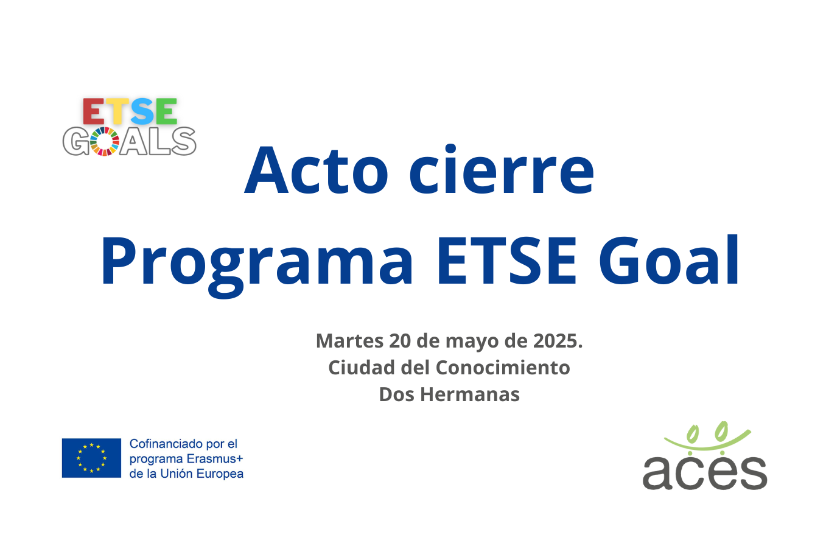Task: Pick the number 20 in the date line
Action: click(x=400, y=341)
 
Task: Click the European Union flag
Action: click(x=91, y=458)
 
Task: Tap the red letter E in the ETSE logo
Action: click(x=94, y=112)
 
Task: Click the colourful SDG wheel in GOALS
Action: click(x=105, y=141)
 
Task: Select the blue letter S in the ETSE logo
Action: click(x=142, y=112)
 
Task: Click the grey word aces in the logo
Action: click(x=704, y=472)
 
